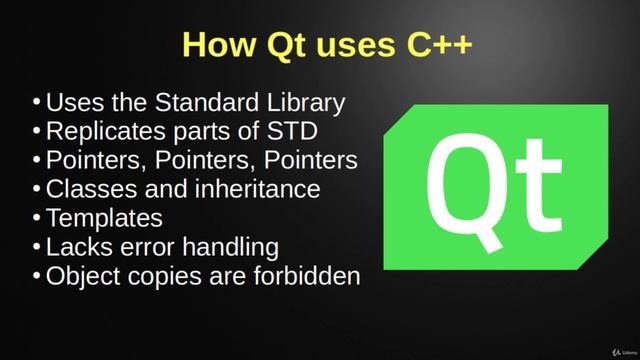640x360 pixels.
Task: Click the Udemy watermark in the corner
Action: (617, 347)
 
